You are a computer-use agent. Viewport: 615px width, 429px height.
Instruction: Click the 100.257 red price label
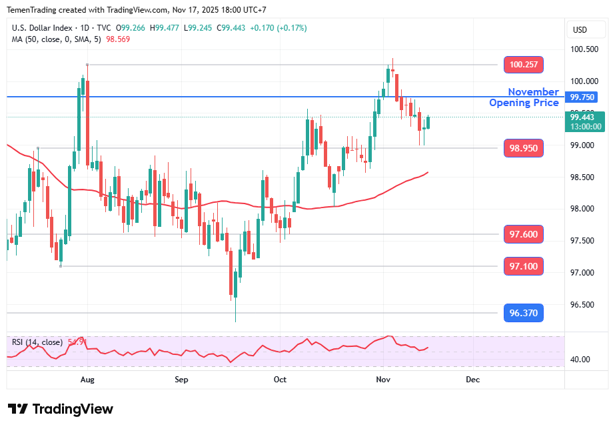(x=524, y=65)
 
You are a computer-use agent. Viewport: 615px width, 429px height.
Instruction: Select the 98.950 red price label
(x=524, y=147)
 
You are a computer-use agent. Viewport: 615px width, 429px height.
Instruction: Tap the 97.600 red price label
(x=524, y=234)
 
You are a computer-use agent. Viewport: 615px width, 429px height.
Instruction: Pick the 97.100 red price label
(x=524, y=266)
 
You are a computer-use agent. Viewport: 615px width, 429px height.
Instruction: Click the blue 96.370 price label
(x=524, y=313)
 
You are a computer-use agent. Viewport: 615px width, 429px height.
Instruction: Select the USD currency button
(x=580, y=30)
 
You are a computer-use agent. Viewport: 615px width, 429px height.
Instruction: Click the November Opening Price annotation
(x=524, y=97)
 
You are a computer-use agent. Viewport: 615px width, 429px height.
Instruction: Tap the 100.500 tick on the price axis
(x=584, y=49)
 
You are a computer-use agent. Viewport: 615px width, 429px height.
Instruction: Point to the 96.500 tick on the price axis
(x=584, y=305)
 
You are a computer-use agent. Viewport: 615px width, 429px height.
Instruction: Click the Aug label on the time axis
(x=87, y=380)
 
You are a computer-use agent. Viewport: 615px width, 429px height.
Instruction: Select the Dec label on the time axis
(x=472, y=380)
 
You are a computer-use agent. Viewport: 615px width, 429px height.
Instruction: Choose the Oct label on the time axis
(x=280, y=380)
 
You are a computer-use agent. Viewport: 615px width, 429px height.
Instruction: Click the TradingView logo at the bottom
(x=61, y=409)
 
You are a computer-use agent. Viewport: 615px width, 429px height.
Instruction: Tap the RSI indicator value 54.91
(x=77, y=342)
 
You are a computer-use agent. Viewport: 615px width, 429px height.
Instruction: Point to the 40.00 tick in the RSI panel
(x=580, y=360)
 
